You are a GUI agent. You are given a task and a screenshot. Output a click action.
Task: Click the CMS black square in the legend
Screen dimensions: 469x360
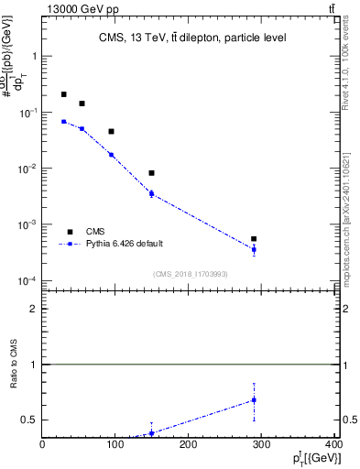coord(70,232)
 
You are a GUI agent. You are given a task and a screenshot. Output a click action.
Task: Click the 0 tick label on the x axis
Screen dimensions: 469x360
coord(43,446)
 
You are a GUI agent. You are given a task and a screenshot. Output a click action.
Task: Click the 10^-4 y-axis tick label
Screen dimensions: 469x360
coord(27,281)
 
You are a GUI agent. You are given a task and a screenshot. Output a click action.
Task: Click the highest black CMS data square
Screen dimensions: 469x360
coord(63,94)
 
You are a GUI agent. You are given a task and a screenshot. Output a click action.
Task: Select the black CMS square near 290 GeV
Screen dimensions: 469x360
coord(254,239)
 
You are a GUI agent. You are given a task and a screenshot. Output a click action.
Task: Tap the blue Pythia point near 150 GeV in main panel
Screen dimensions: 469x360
coord(151,193)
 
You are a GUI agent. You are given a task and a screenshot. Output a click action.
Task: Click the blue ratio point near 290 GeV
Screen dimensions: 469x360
coord(254,400)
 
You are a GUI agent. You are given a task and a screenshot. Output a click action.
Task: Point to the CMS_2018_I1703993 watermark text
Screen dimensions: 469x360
coord(190,273)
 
